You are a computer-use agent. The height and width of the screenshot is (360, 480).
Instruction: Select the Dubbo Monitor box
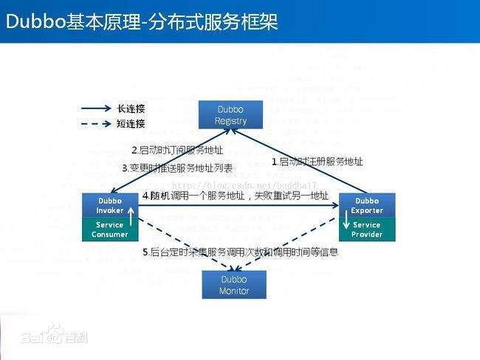pos(233,284)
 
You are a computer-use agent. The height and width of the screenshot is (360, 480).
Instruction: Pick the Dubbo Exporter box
pos(366,206)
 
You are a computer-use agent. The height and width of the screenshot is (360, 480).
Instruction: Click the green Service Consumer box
pos(110,229)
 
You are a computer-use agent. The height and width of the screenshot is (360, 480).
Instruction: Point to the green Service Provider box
pos(366,229)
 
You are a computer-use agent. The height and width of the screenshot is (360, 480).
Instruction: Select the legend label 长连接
pos(131,108)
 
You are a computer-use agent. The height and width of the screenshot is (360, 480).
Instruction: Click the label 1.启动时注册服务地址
pos(318,161)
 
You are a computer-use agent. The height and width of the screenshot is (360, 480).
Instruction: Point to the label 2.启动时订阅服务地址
pos(168,150)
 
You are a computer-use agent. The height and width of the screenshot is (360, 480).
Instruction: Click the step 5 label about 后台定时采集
pos(240,252)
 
